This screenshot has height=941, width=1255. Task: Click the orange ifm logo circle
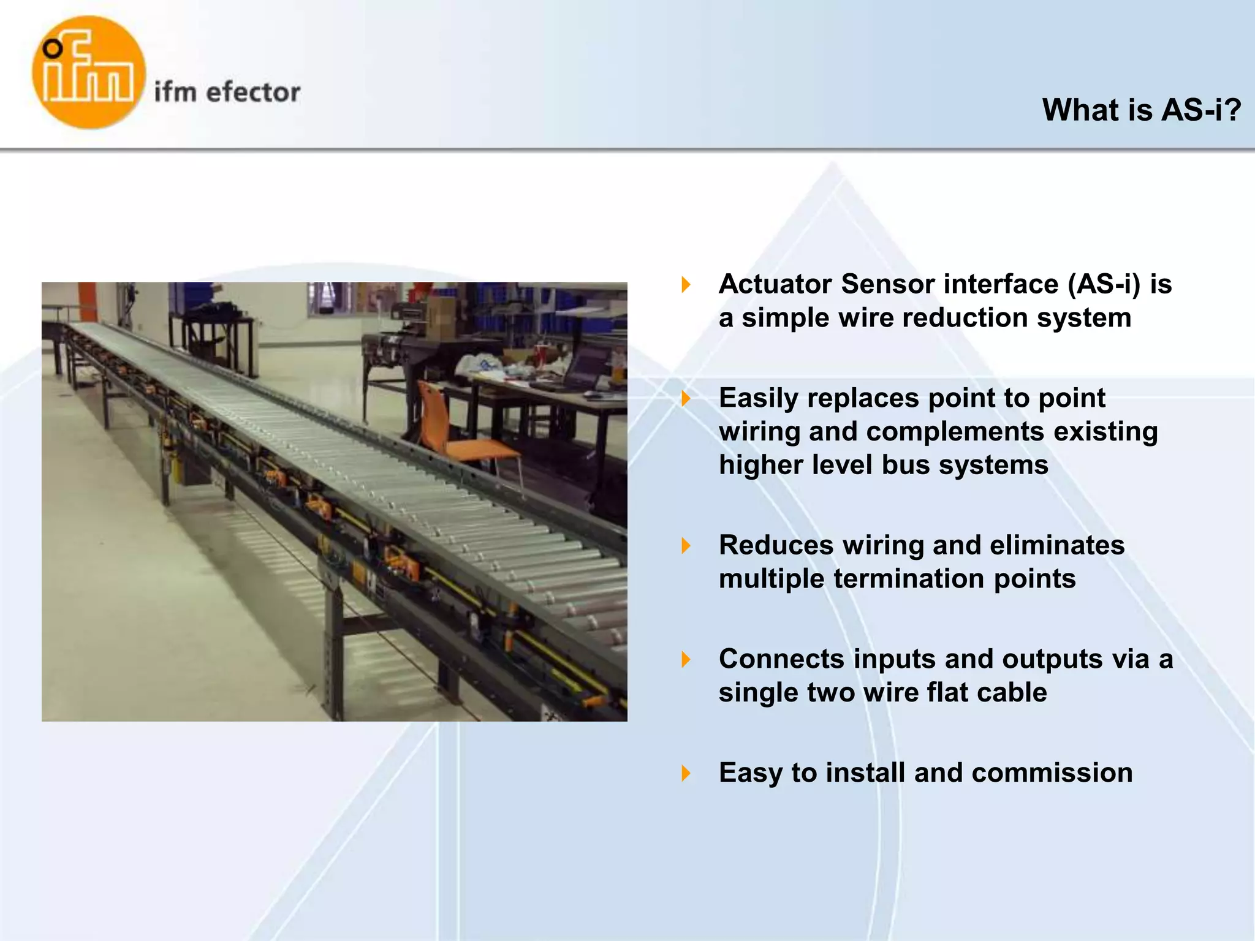point(89,72)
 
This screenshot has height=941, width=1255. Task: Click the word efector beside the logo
point(253,93)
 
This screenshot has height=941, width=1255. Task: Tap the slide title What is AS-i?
point(1141,110)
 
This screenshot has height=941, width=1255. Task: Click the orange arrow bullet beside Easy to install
point(686,773)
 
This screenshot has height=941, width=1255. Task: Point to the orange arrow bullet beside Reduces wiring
point(686,545)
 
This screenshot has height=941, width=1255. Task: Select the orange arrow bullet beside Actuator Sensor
point(686,284)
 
